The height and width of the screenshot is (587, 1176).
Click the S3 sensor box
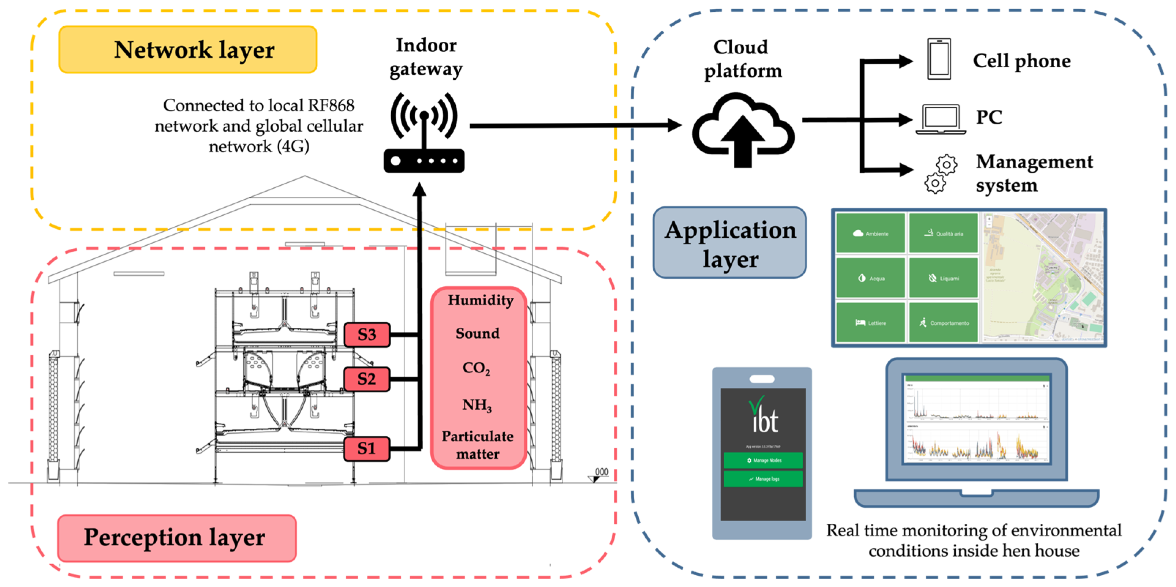(x=367, y=335)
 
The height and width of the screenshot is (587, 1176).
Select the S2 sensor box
(x=367, y=379)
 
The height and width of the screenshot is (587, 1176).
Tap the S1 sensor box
(x=367, y=448)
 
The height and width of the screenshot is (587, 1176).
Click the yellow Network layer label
(x=188, y=49)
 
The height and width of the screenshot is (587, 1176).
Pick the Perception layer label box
(x=177, y=538)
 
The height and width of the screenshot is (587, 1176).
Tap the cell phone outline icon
(x=939, y=59)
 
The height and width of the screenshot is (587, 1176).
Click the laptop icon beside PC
(x=940, y=118)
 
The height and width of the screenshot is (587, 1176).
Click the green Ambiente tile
(x=871, y=233)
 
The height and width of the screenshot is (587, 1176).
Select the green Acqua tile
(x=871, y=278)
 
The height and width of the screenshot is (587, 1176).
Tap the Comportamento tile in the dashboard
(x=943, y=323)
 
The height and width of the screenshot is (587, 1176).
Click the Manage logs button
(x=763, y=479)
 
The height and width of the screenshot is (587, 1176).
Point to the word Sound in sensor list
(x=478, y=334)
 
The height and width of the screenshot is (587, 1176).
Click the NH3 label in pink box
(x=477, y=405)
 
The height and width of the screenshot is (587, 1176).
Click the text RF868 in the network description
(x=331, y=106)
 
